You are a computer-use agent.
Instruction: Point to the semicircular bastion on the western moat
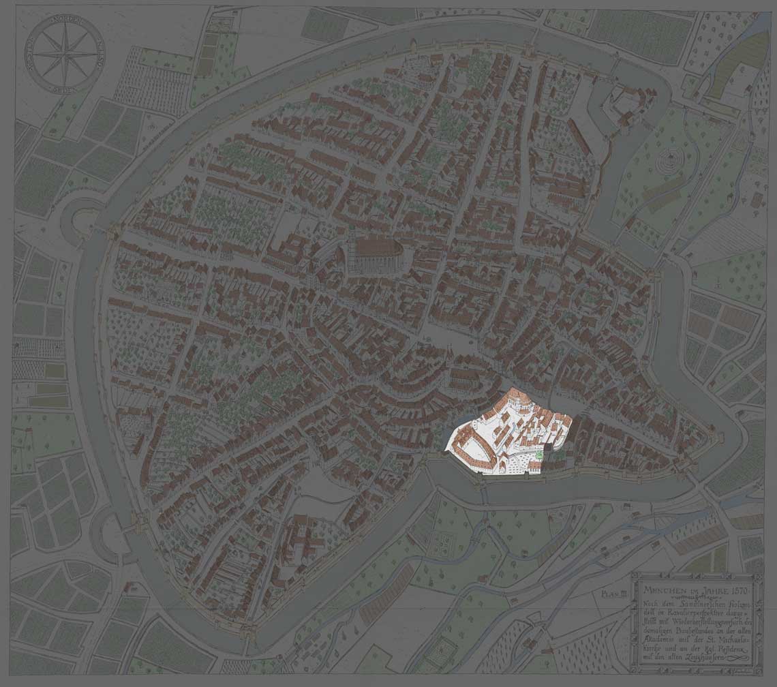[80, 218]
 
